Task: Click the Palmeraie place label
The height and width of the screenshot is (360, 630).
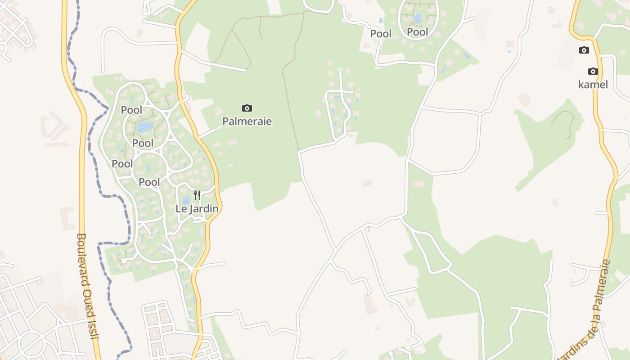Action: pos(247,121)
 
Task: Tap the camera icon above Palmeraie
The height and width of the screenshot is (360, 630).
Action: pos(247,108)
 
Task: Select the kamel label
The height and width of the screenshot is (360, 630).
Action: pos(593,84)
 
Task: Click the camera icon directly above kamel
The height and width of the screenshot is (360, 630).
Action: pos(593,71)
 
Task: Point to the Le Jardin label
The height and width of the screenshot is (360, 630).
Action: pos(197,209)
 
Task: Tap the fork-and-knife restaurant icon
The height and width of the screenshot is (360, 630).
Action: pos(197,195)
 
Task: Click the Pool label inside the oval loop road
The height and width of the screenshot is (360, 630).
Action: pos(418,32)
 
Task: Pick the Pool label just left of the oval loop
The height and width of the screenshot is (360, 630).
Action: pos(381,34)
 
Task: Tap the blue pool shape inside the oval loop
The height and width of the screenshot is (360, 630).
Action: pos(418,18)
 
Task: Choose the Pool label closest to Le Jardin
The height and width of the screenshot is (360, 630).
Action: pos(149,182)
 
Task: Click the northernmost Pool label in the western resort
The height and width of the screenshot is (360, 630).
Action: pos(131,110)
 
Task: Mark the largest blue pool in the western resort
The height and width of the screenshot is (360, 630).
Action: pos(145,126)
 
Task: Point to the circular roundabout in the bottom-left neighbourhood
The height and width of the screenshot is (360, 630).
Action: pos(32,344)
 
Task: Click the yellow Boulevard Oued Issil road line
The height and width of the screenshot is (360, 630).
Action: pos(81,180)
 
